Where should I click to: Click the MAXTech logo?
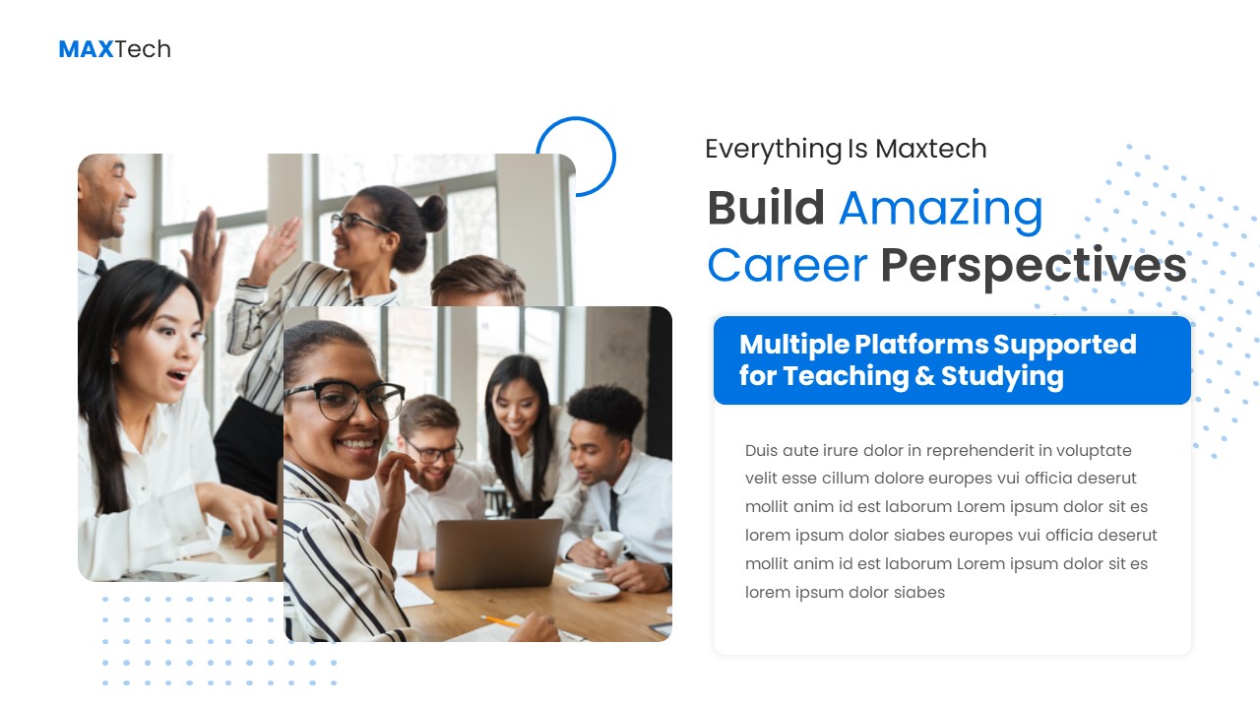(x=114, y=49)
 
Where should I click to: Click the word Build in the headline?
(x=765, y=209)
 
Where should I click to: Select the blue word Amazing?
(x=940, y=209)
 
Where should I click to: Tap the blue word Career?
(x=787, y=266)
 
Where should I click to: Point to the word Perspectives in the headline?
(x=1033, y=267)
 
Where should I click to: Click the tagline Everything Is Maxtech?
(x=846, y=149)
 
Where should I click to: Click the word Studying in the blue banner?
(x=1002, y=377)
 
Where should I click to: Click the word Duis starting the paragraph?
(x=761, y=451)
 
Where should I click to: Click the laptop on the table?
(x=498, y=552)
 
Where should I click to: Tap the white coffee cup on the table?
(x=607, y=546)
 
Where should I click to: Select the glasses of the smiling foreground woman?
(x=346, y=399)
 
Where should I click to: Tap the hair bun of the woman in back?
(x=431, y=212)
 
